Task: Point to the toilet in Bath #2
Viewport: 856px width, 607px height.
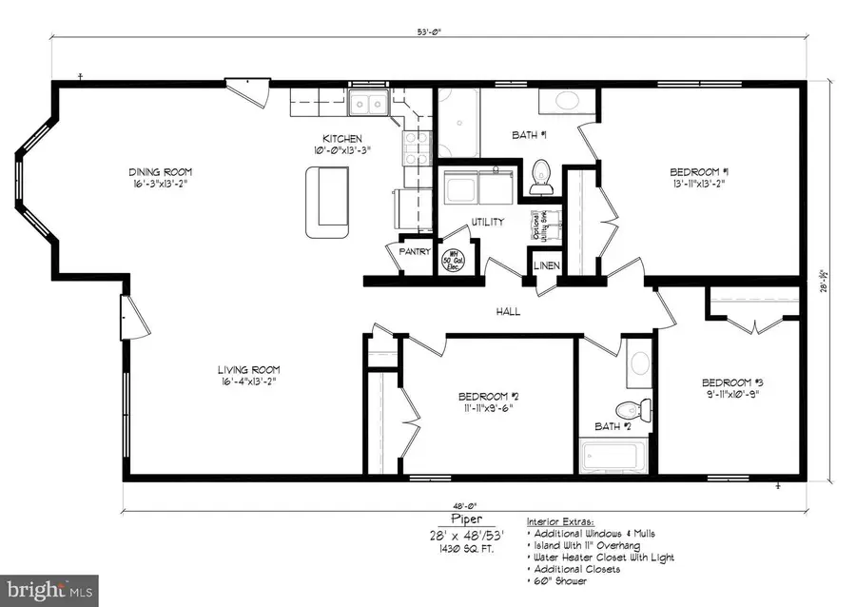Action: click(x=630, y=410)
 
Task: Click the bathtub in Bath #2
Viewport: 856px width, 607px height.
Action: click(x=616, y=457)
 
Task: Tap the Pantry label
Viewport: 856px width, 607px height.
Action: click(x=416, y=253)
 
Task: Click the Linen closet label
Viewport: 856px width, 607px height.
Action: click(x=545, y=266)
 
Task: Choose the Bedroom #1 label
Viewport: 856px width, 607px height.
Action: click(x=699, y=172)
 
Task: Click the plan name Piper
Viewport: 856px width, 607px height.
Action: click(x=466, y=520)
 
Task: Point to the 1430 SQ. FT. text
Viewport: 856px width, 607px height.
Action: click(x=466, y=551)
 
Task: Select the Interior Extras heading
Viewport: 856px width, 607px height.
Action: click(x=562, y=522)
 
